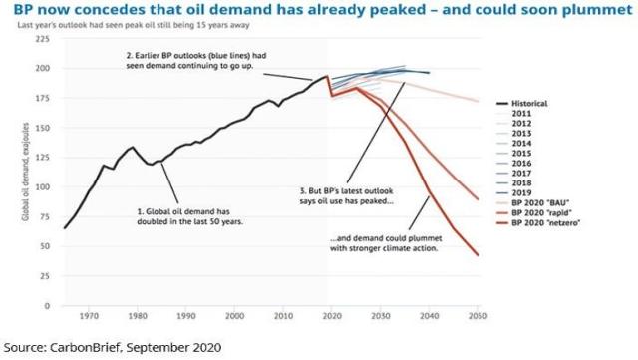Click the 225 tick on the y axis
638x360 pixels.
tap(43, 39)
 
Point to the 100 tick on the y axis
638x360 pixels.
tap(43, 186)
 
